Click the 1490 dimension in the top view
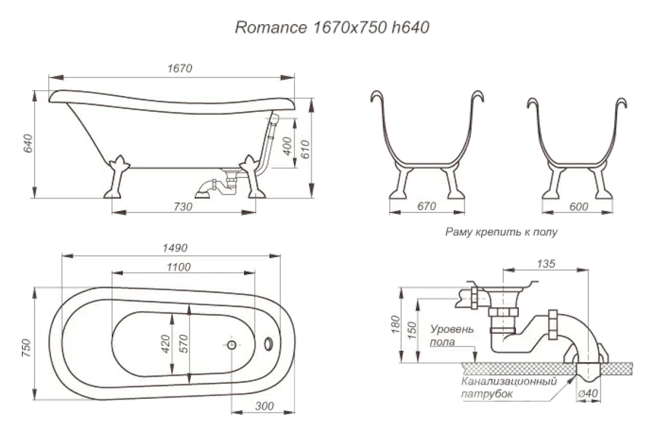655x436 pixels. pos(172,248)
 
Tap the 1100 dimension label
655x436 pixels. pos(178,267)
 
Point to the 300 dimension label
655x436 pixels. pos(263,405)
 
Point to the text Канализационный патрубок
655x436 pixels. pos(508,387)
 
